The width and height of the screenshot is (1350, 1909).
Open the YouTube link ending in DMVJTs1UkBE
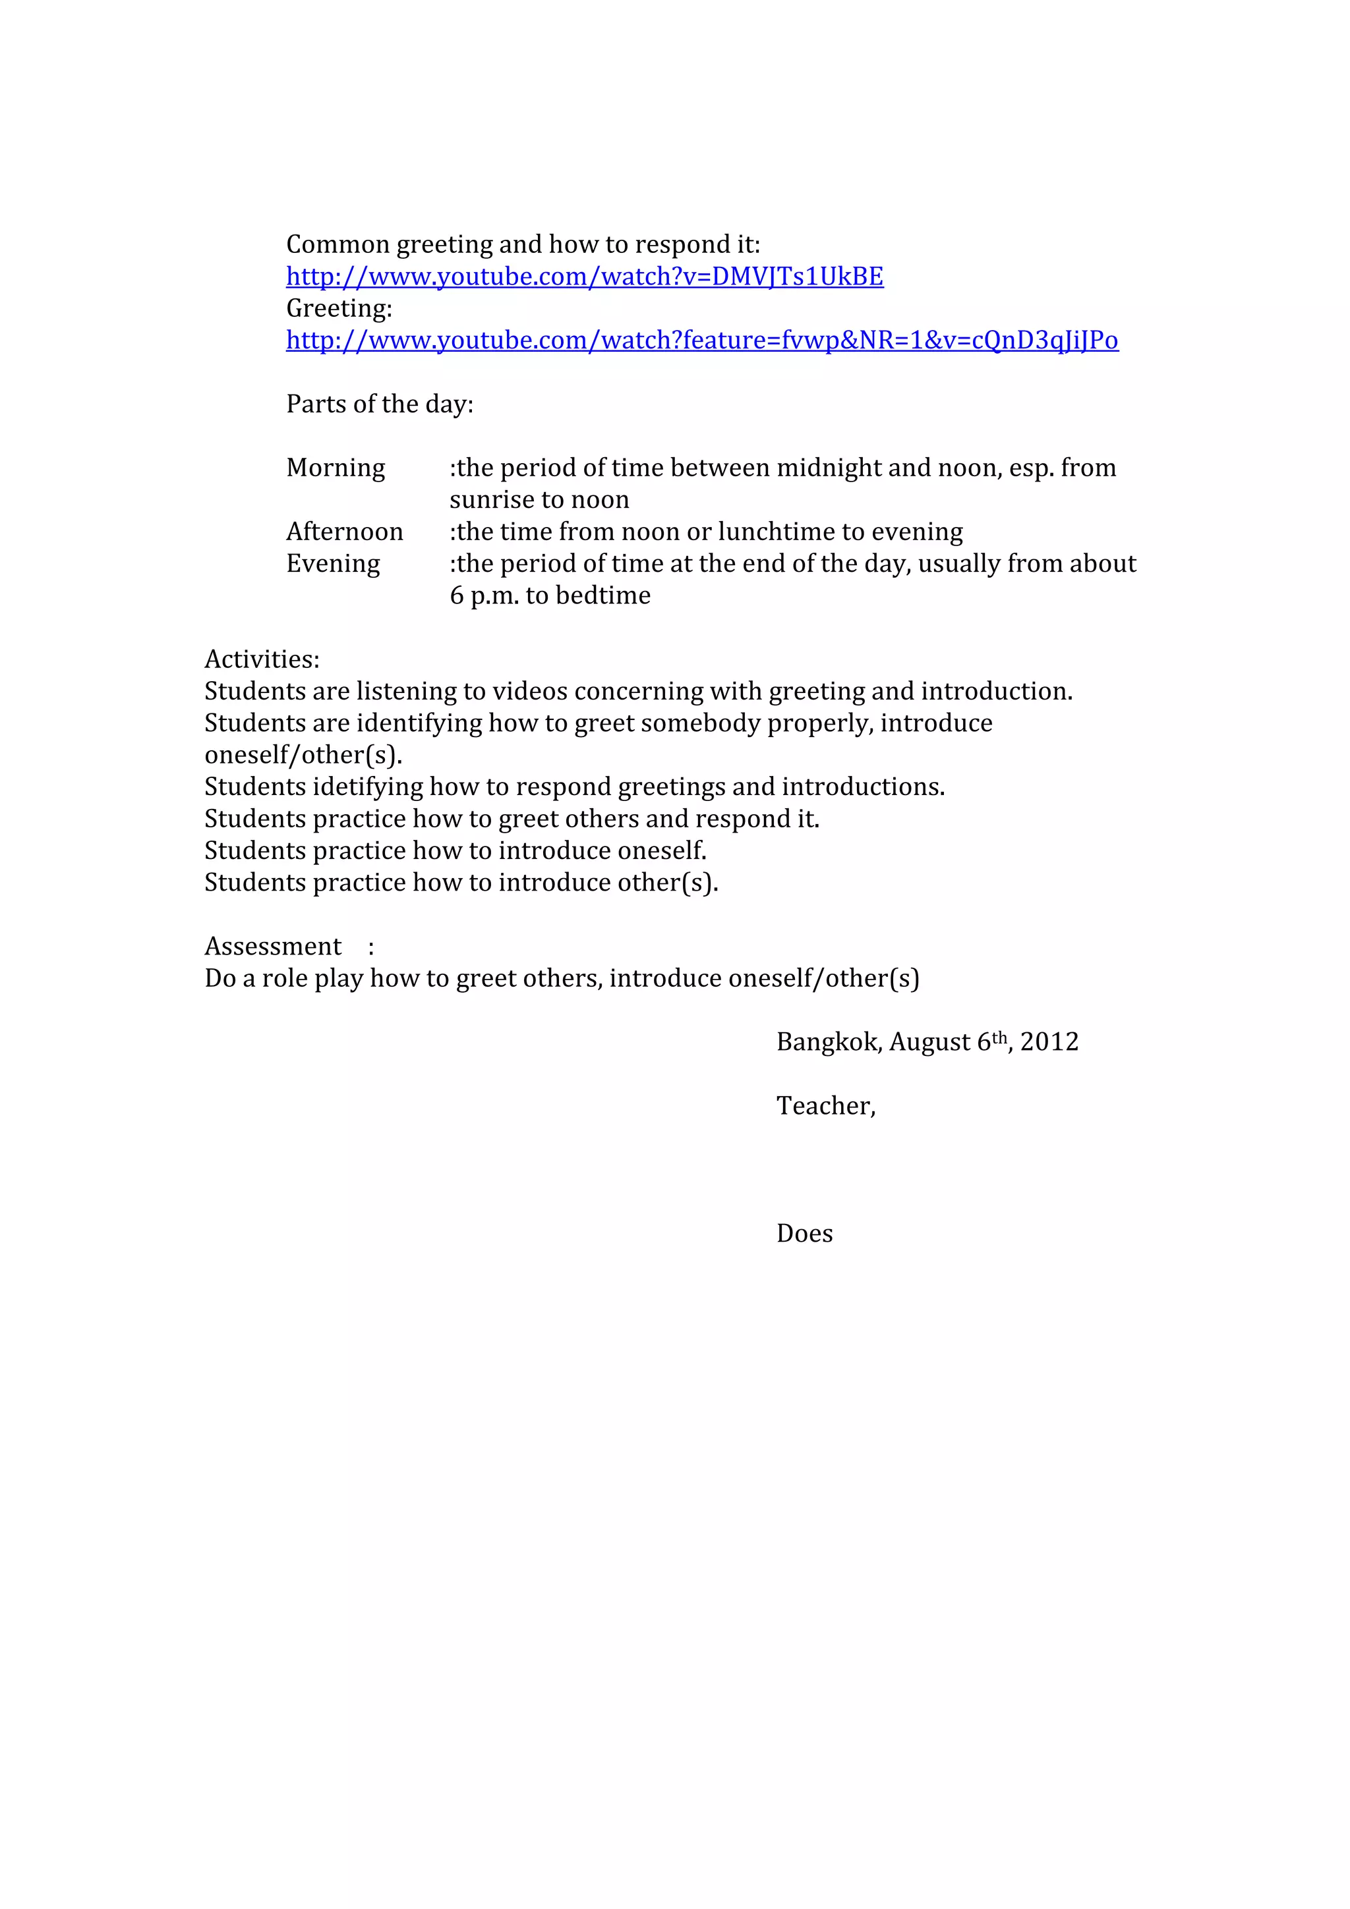584,277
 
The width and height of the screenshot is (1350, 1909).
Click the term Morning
336,468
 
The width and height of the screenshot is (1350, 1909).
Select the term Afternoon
344,532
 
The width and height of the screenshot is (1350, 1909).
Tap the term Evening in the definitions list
333,564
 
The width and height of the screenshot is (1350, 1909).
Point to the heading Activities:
262,659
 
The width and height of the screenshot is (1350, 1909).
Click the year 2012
1049,1042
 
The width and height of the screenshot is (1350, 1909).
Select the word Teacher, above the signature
825,1106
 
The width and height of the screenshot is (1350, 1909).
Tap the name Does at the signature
804,1234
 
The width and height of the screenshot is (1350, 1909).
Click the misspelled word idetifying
368,787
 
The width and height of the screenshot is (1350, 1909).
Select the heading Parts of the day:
379,405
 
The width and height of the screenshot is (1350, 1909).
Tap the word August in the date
930,1042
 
